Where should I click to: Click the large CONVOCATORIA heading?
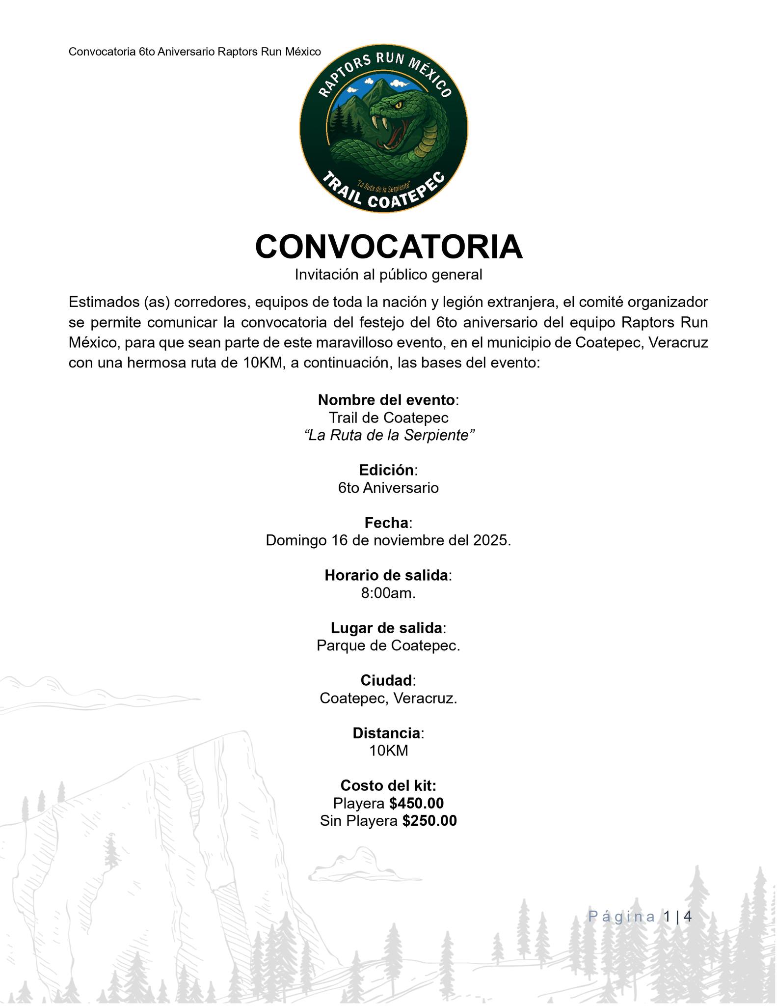coord(388,247)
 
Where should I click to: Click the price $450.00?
coord(416,803)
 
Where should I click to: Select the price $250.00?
coord(429,821)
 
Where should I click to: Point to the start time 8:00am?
coord(388,593)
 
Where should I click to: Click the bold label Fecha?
coord(386,522)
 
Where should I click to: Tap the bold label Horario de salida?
coord(386,575)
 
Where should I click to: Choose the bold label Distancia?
coord(386,733)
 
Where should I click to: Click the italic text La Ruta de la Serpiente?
coord(389,435)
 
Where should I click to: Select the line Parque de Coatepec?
coord(388,645)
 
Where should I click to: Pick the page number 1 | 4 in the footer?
coord(677,917)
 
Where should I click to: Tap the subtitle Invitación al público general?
coord(388,275)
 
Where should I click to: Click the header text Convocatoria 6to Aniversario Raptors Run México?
coord(194,52)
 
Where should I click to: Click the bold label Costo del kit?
coord(388,785)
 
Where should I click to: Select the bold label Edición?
coord(386,470)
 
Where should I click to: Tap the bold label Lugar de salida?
coord(386,628)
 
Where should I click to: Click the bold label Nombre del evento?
coord(386,400)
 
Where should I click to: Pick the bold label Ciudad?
coord(386,680)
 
